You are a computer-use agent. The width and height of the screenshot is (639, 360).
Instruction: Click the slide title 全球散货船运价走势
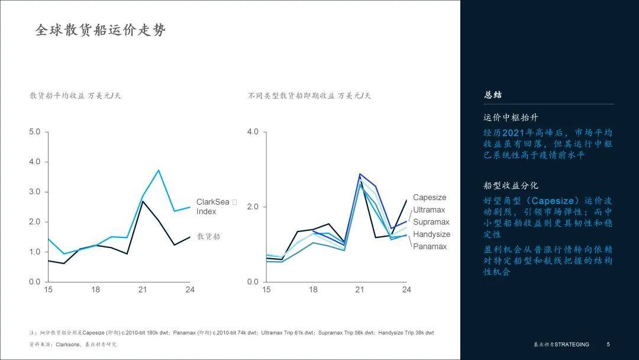click(x=101, y=30)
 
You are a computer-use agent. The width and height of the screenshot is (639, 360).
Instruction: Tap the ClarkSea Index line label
click(x=212, y=207)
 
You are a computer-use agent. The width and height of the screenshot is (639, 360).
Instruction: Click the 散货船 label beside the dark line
click(x=208, y=236)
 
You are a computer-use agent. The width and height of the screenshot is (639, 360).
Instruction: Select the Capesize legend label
click(x=430, y=198)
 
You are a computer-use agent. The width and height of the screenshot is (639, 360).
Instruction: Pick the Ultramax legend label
click(x=429, y=210)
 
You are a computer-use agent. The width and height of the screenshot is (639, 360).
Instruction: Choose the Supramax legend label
click(x=431, y=222)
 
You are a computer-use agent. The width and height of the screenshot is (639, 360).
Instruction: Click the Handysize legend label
click(x=431, y=234)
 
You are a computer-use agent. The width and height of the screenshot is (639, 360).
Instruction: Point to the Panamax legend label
click(x=430, y=246)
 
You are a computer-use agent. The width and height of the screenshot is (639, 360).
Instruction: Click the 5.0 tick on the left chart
click(x=34, y=131)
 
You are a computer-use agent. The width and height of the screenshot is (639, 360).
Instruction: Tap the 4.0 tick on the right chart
click(x=253, y=131)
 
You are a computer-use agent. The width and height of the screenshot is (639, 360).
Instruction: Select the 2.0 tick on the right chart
click(x=253, y=207)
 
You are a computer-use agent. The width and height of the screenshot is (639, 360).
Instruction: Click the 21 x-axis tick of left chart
click(x=143, y=290)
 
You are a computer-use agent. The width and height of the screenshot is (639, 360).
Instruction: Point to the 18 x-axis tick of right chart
click(x=313, y=290)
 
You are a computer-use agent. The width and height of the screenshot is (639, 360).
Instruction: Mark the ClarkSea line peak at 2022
click(x=159, y=171)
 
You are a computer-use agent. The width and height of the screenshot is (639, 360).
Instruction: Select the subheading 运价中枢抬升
click(x=511, y=118)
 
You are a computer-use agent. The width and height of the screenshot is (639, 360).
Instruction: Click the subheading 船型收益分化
click(x=511, y=185)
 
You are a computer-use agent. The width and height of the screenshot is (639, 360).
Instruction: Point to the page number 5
click(x=608, y=345)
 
